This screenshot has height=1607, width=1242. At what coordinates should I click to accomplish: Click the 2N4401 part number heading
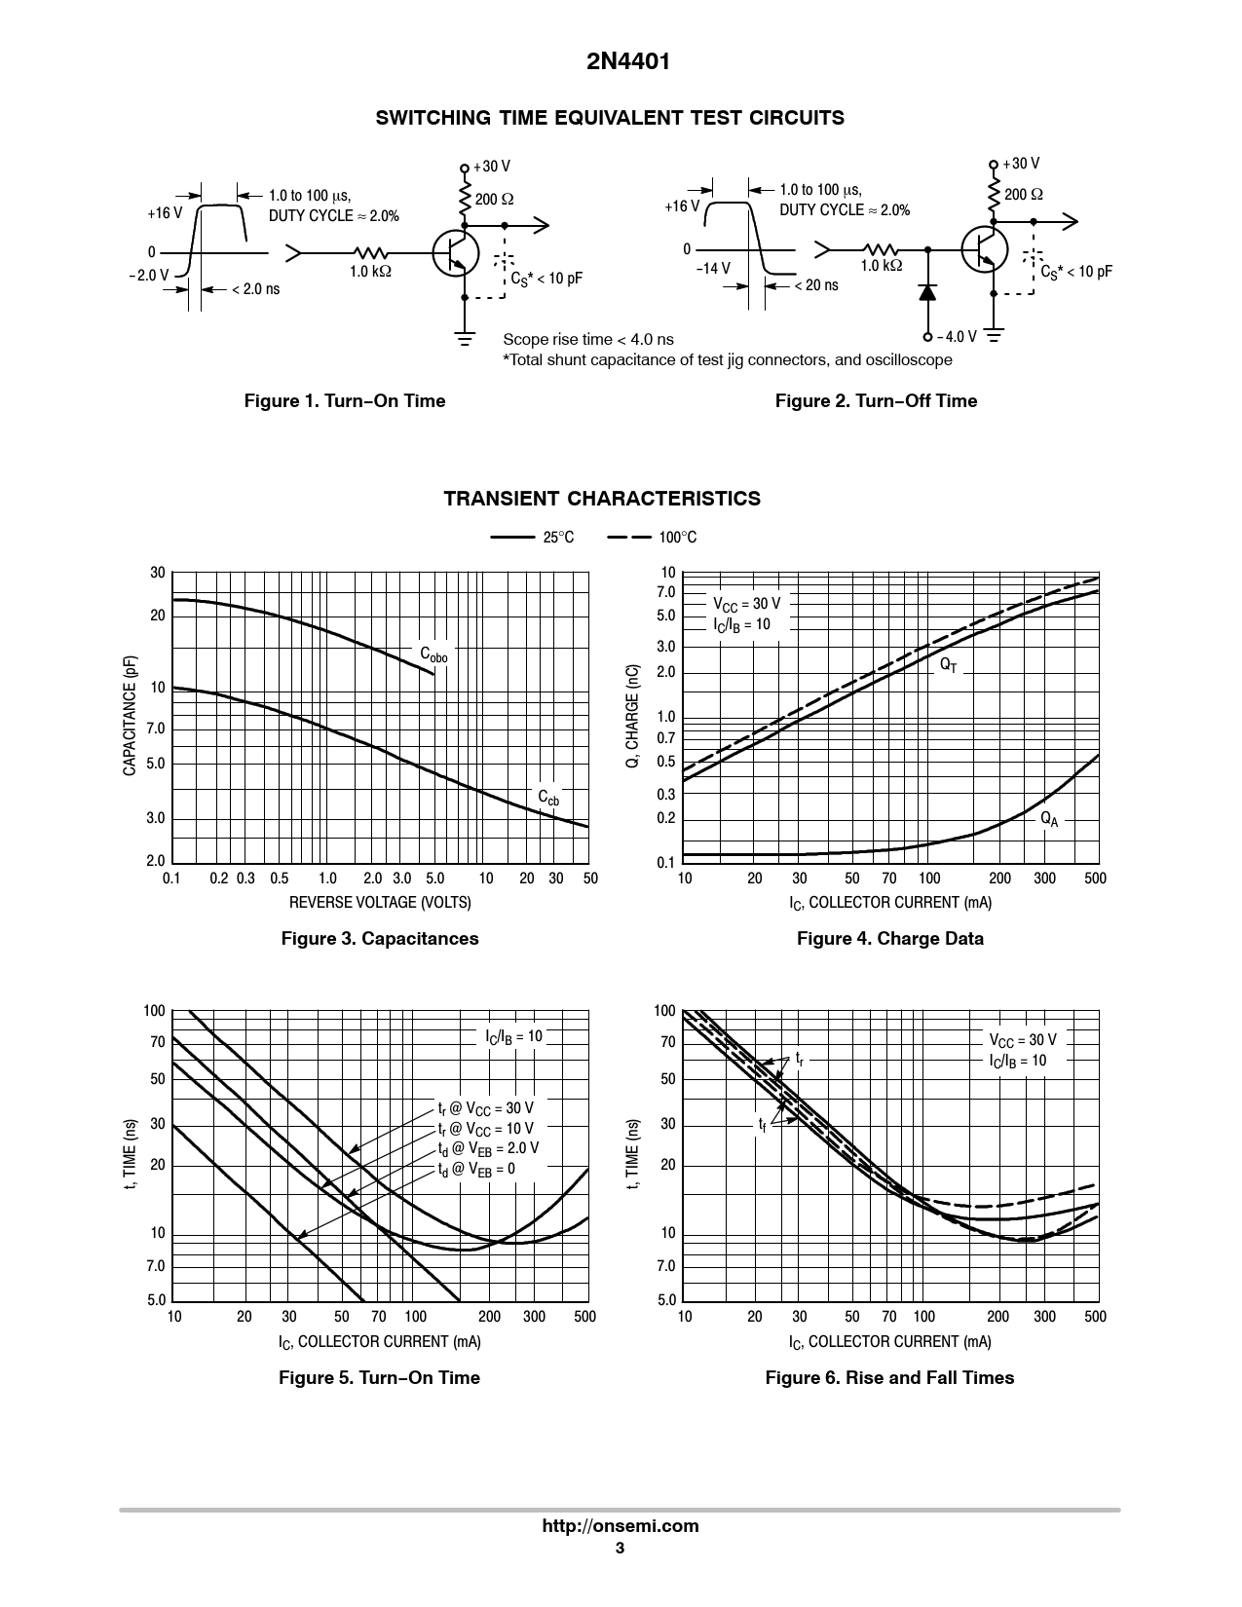point(620,63)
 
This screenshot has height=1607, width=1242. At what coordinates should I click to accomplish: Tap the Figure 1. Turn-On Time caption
point(344,401)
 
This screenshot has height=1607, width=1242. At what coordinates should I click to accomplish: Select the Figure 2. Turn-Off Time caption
point(876,401)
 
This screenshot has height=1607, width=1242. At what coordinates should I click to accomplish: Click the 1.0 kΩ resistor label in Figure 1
point(370,272)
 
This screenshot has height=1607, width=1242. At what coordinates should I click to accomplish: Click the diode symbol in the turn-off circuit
point(927,291)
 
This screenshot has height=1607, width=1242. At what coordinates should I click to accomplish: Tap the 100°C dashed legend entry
point(652,538)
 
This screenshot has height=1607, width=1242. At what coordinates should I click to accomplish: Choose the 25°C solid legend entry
point(533,538)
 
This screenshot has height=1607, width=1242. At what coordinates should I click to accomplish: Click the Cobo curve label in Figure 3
point(433,654)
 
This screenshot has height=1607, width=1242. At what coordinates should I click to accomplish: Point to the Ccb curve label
point(548,798)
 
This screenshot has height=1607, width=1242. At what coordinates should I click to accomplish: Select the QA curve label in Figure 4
point(1048,819)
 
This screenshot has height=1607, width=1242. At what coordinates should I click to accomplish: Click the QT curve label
point(948,664)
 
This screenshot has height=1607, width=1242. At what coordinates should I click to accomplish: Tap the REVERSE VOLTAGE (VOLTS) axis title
point(380,903)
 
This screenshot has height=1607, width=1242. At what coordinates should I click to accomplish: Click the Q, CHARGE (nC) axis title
point(633,716)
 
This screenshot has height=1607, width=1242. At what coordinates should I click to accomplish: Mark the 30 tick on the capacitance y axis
point(158,574)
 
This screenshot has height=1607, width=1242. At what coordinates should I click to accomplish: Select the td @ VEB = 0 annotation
point(476,1169)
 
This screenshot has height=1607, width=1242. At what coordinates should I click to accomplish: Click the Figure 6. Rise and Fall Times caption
point(889,1378)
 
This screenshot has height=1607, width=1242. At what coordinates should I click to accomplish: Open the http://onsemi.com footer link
point(620,1526)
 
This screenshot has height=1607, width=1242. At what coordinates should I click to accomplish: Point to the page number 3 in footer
point(620,1549)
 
